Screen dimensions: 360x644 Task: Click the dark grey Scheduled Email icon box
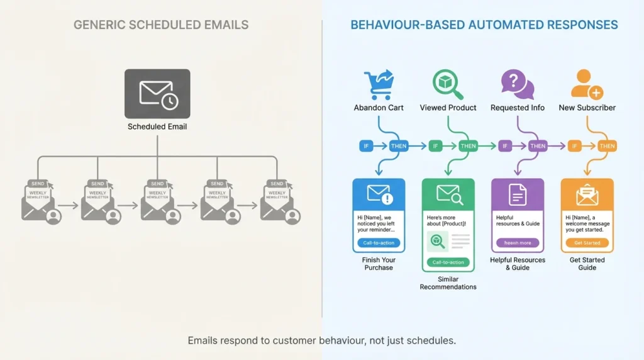[157, 93]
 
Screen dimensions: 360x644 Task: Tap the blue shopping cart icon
[378, 84]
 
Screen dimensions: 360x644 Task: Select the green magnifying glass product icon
[448, 84]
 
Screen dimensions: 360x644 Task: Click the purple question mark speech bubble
[517, 84]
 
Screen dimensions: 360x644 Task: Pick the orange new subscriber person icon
[587, 84]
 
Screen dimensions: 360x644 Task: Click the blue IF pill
[366, 146]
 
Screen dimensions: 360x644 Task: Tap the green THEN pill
[468, 146]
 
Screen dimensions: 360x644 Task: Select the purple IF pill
[504, 146]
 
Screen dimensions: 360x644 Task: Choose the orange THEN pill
[607, 146]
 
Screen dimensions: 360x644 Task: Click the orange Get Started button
[587, 242]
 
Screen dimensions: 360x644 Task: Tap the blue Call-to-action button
[379, 242]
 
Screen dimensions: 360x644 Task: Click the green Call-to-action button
[448, 262]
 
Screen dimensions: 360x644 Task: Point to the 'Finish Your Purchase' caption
[379, 264]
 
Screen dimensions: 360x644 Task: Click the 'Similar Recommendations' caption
[448, 283]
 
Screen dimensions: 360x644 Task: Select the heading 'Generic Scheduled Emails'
[161, 25]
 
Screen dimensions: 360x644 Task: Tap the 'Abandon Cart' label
[379, 108]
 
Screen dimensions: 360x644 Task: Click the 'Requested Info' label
[518, 108]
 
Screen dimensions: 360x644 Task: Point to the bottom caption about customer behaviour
[321, 340]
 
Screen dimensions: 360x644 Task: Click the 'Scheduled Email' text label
[157, 127]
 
